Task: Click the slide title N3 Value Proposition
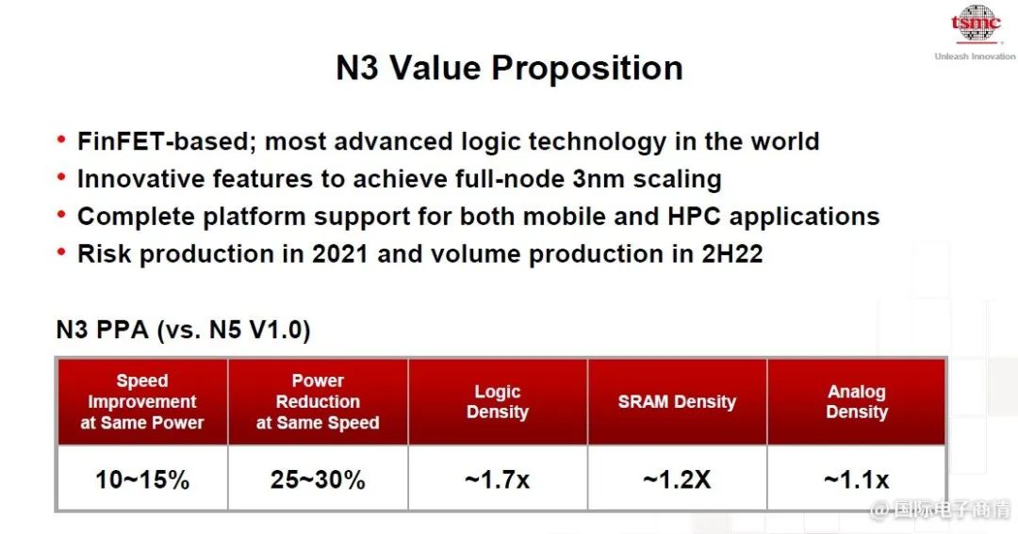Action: [510, 68]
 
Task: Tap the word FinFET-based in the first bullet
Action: [167, 141]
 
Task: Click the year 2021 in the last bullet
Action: [340, 253]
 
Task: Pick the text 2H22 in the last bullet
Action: [732, 253]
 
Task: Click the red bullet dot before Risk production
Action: [61, 251]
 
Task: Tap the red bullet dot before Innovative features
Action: [61, 176]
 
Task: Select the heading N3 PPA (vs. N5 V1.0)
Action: [183, 330]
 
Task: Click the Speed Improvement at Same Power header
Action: [142, 401]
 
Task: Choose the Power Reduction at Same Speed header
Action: [319, 401]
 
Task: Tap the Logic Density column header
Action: [498, 401]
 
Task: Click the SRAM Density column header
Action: [677, 401]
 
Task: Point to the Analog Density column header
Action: [857, 401]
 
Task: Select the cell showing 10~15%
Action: [142, 479]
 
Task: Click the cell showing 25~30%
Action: [319, 479]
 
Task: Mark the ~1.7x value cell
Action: [498, 479]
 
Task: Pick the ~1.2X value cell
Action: [677, 479]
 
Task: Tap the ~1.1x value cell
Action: [857, 479]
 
